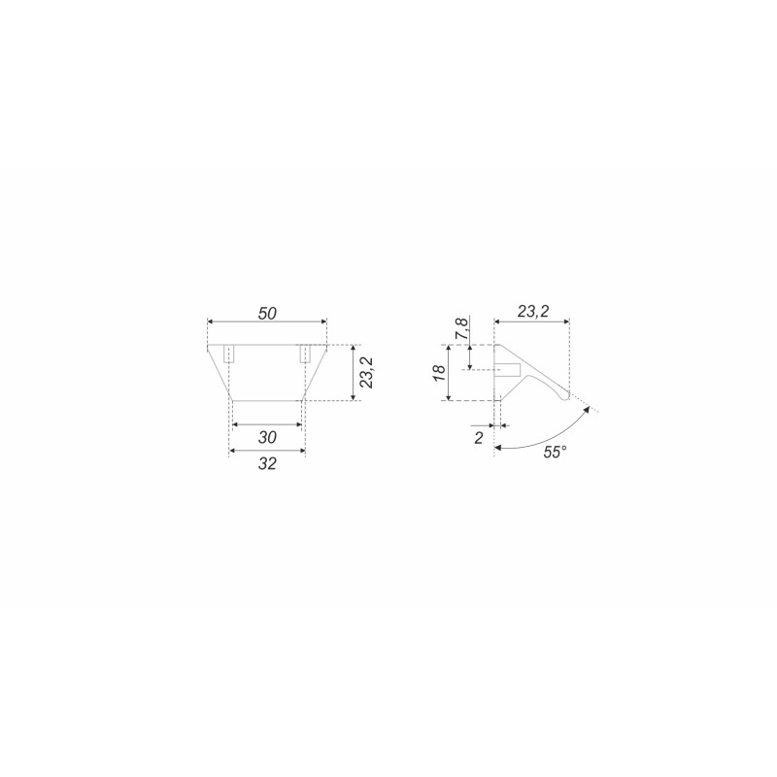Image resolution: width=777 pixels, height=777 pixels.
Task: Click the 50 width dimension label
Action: click(x=267, y=313)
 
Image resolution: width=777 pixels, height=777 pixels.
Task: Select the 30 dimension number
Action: click(x=267, y=437)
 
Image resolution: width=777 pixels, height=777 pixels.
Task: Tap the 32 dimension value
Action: click(x=267, y=463)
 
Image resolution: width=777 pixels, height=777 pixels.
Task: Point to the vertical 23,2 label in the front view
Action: click(x=367, y=372)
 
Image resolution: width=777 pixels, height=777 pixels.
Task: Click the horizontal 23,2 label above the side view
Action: click(x=533, y=311)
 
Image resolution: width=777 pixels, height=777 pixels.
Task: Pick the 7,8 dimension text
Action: click(x=461, y=329)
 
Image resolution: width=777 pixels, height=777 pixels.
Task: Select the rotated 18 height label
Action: click(x=440, y=372)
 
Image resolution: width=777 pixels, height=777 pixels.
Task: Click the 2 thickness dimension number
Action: click(x=478, y=438)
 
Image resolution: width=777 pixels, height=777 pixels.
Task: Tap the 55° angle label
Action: click(x=555, y=452)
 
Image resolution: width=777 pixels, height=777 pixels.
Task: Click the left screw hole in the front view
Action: click(x=229, y=354)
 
